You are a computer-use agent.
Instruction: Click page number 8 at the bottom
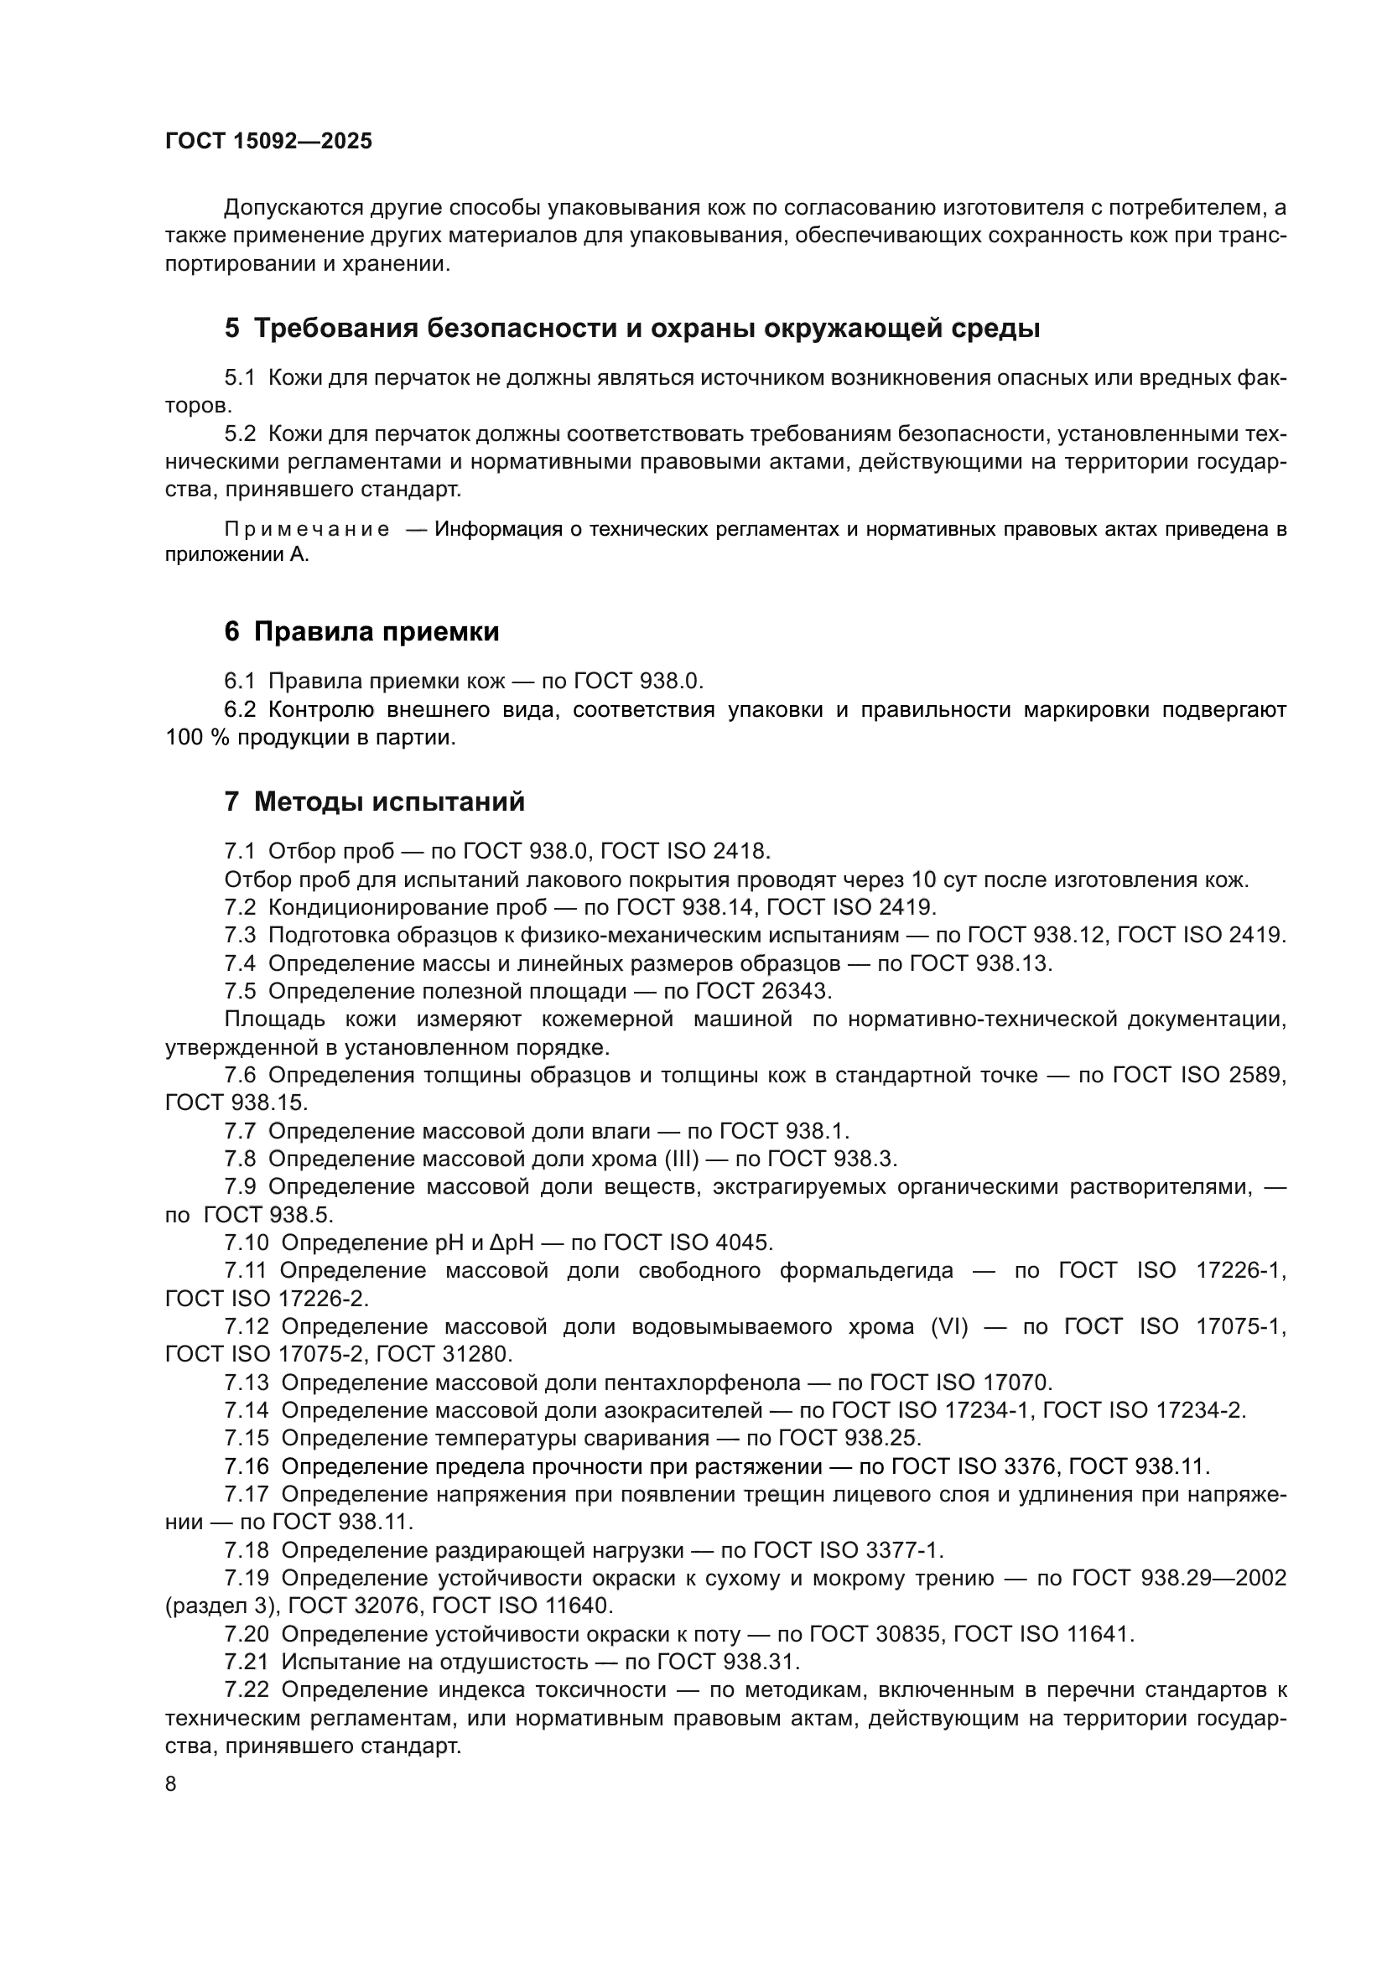pos(171,1784)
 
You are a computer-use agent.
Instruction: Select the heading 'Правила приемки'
pos(377,632)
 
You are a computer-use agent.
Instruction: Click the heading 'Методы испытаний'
pos(389,803)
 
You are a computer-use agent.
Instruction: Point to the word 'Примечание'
pos(307,530)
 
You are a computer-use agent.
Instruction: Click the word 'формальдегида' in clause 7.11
pos(866,1271)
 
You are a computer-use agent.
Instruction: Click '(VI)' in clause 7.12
pos(948,1326)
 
